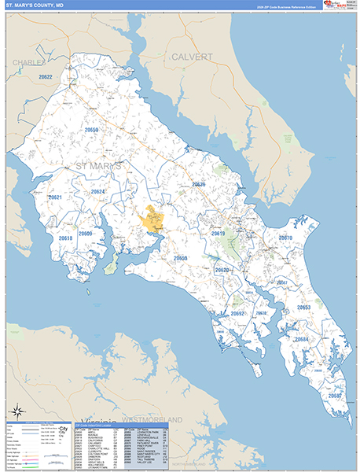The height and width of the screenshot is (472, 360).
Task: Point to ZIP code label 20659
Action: (92, 130)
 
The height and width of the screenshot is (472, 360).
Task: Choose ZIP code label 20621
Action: (56, 197)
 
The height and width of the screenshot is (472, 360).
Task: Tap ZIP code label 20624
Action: (97, 191)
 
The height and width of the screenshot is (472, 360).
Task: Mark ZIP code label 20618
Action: (65, 238)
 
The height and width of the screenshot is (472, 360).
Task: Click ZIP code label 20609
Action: (86, 234)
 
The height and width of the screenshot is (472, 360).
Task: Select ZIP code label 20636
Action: (198, 185)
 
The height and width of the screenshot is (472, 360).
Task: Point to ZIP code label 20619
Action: (218, 234)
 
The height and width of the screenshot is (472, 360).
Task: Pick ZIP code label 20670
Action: (285, 238)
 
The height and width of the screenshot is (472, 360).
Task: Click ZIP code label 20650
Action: (181, 258)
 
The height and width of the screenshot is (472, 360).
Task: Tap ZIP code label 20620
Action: (222, 270)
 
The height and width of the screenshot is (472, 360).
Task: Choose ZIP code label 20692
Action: (238, 314)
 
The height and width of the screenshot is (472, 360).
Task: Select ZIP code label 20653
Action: (303, 308)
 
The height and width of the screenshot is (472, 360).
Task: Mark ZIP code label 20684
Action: (301, 339)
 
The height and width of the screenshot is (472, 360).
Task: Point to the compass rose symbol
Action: (17, 411)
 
